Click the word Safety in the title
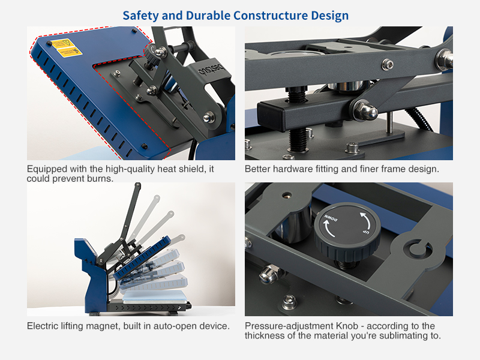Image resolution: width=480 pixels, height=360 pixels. pyautogui.click(x=141, y=16)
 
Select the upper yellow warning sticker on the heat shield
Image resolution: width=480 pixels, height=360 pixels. pyautogui.click(x=63, y=43)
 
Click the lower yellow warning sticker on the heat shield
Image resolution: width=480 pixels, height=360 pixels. pyautogui.click(x=70, y=52)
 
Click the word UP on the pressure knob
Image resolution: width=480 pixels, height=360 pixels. pyautogui.click(x=366, y=232)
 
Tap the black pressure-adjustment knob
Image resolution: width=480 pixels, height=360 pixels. pyautogui.click(x=347, y=233)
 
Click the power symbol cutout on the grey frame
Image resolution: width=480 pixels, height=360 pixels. pyautogui.click(x=417, y=248)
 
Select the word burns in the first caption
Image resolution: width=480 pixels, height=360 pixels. pyautogui.click(x=100, y=178)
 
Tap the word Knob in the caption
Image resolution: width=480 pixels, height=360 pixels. pyautogui.click(x=347, y=326)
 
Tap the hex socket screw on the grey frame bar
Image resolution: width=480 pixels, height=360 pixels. pyautogui.click(x=388, y=64)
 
